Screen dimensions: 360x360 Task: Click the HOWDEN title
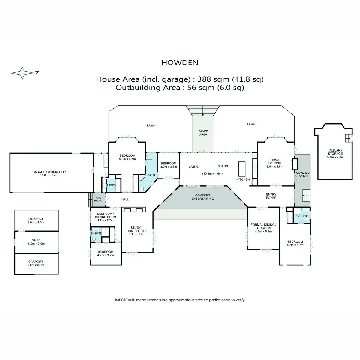(180, 63)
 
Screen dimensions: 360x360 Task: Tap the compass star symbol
(22, 73)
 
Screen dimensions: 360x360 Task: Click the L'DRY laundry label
(111, 185)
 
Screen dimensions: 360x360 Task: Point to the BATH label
(151, 175)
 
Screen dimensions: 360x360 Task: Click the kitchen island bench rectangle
(242, 169)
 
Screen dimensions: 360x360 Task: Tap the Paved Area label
(203, 133)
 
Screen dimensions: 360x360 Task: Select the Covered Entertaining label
(202, 197)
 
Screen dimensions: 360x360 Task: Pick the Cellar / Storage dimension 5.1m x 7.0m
(335, 157)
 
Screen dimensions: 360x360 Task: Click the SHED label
(36, 240)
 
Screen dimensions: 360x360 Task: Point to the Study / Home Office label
(137, 229)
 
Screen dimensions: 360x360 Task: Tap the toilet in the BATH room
(142, 189)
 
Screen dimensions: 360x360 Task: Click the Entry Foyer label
(271, 196)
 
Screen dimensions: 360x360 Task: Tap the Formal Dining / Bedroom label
(263, 226)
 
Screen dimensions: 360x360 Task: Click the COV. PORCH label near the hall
(99, 200)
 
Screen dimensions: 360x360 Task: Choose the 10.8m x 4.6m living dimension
(212, 173)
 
